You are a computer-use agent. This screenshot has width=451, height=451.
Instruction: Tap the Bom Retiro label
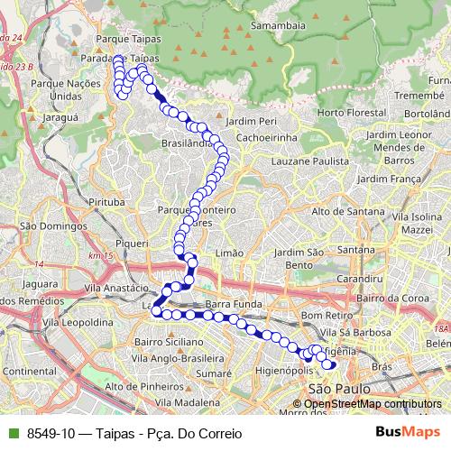[324, 316]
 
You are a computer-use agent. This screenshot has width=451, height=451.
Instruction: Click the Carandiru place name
[354, 280]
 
